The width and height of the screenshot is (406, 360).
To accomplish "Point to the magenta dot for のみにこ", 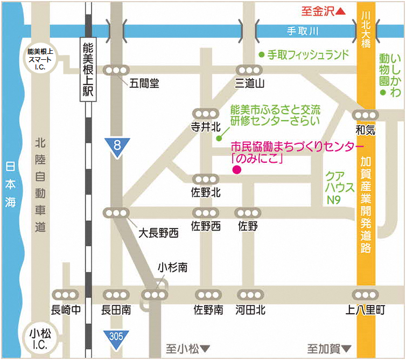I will pyautogui.click(x=236, y=170).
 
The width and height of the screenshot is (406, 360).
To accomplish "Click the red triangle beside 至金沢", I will pyautogui.click(x=340, y=11).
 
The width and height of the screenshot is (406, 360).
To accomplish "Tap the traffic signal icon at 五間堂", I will pyautogui.click(x=117, y=70).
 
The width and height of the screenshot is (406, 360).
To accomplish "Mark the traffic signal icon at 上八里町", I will pyautogui.click(x=365, y=295).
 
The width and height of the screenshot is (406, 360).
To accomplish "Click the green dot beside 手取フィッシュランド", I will pyautogui.click(x=261, y=54).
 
